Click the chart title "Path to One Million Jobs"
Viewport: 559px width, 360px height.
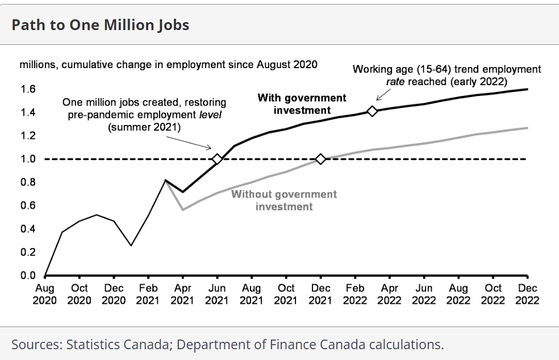[x=101, y=25]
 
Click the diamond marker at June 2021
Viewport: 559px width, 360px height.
[x=216, y=159]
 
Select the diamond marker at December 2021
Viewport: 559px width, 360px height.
[x=320, y=159]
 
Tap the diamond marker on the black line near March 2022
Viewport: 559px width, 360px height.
[x=372, y=111]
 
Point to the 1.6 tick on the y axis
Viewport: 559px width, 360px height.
[x=28, y=89]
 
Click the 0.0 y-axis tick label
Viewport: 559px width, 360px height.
[x=28, y=276]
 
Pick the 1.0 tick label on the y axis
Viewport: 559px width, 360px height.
[x=28, y=159]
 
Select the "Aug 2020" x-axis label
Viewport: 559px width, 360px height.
[x=45, y=294]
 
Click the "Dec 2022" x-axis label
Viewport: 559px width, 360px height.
[x=527, y=294]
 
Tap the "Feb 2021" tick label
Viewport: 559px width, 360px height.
[x=148, y=294]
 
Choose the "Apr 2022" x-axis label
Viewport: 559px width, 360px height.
[x=390, y=294]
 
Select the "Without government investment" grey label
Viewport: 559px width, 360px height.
[x=284, y=200]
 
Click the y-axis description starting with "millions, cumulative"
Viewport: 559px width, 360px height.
[x=169, y=64]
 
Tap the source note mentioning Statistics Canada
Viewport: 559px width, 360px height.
[x=227, y=344]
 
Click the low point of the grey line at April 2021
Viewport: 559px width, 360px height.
[x=182, y=210]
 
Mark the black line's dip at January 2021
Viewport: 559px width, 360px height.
[x=131, y=245]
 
